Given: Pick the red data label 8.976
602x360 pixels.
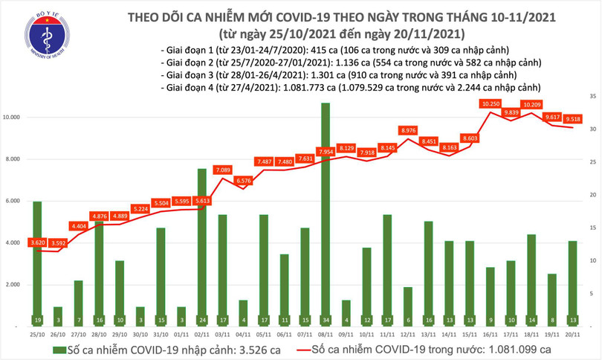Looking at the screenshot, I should pos(408,130).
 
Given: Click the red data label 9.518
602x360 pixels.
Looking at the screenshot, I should pos(572,118).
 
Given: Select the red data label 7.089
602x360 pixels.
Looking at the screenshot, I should pos(222,170).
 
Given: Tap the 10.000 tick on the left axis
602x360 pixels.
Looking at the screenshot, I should pos(15,118).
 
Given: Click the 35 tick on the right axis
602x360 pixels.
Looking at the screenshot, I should pos(592,97).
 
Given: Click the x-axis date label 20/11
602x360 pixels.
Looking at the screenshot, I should pos(572,334).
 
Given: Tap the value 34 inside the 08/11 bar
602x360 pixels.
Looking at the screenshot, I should pos(326,320).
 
